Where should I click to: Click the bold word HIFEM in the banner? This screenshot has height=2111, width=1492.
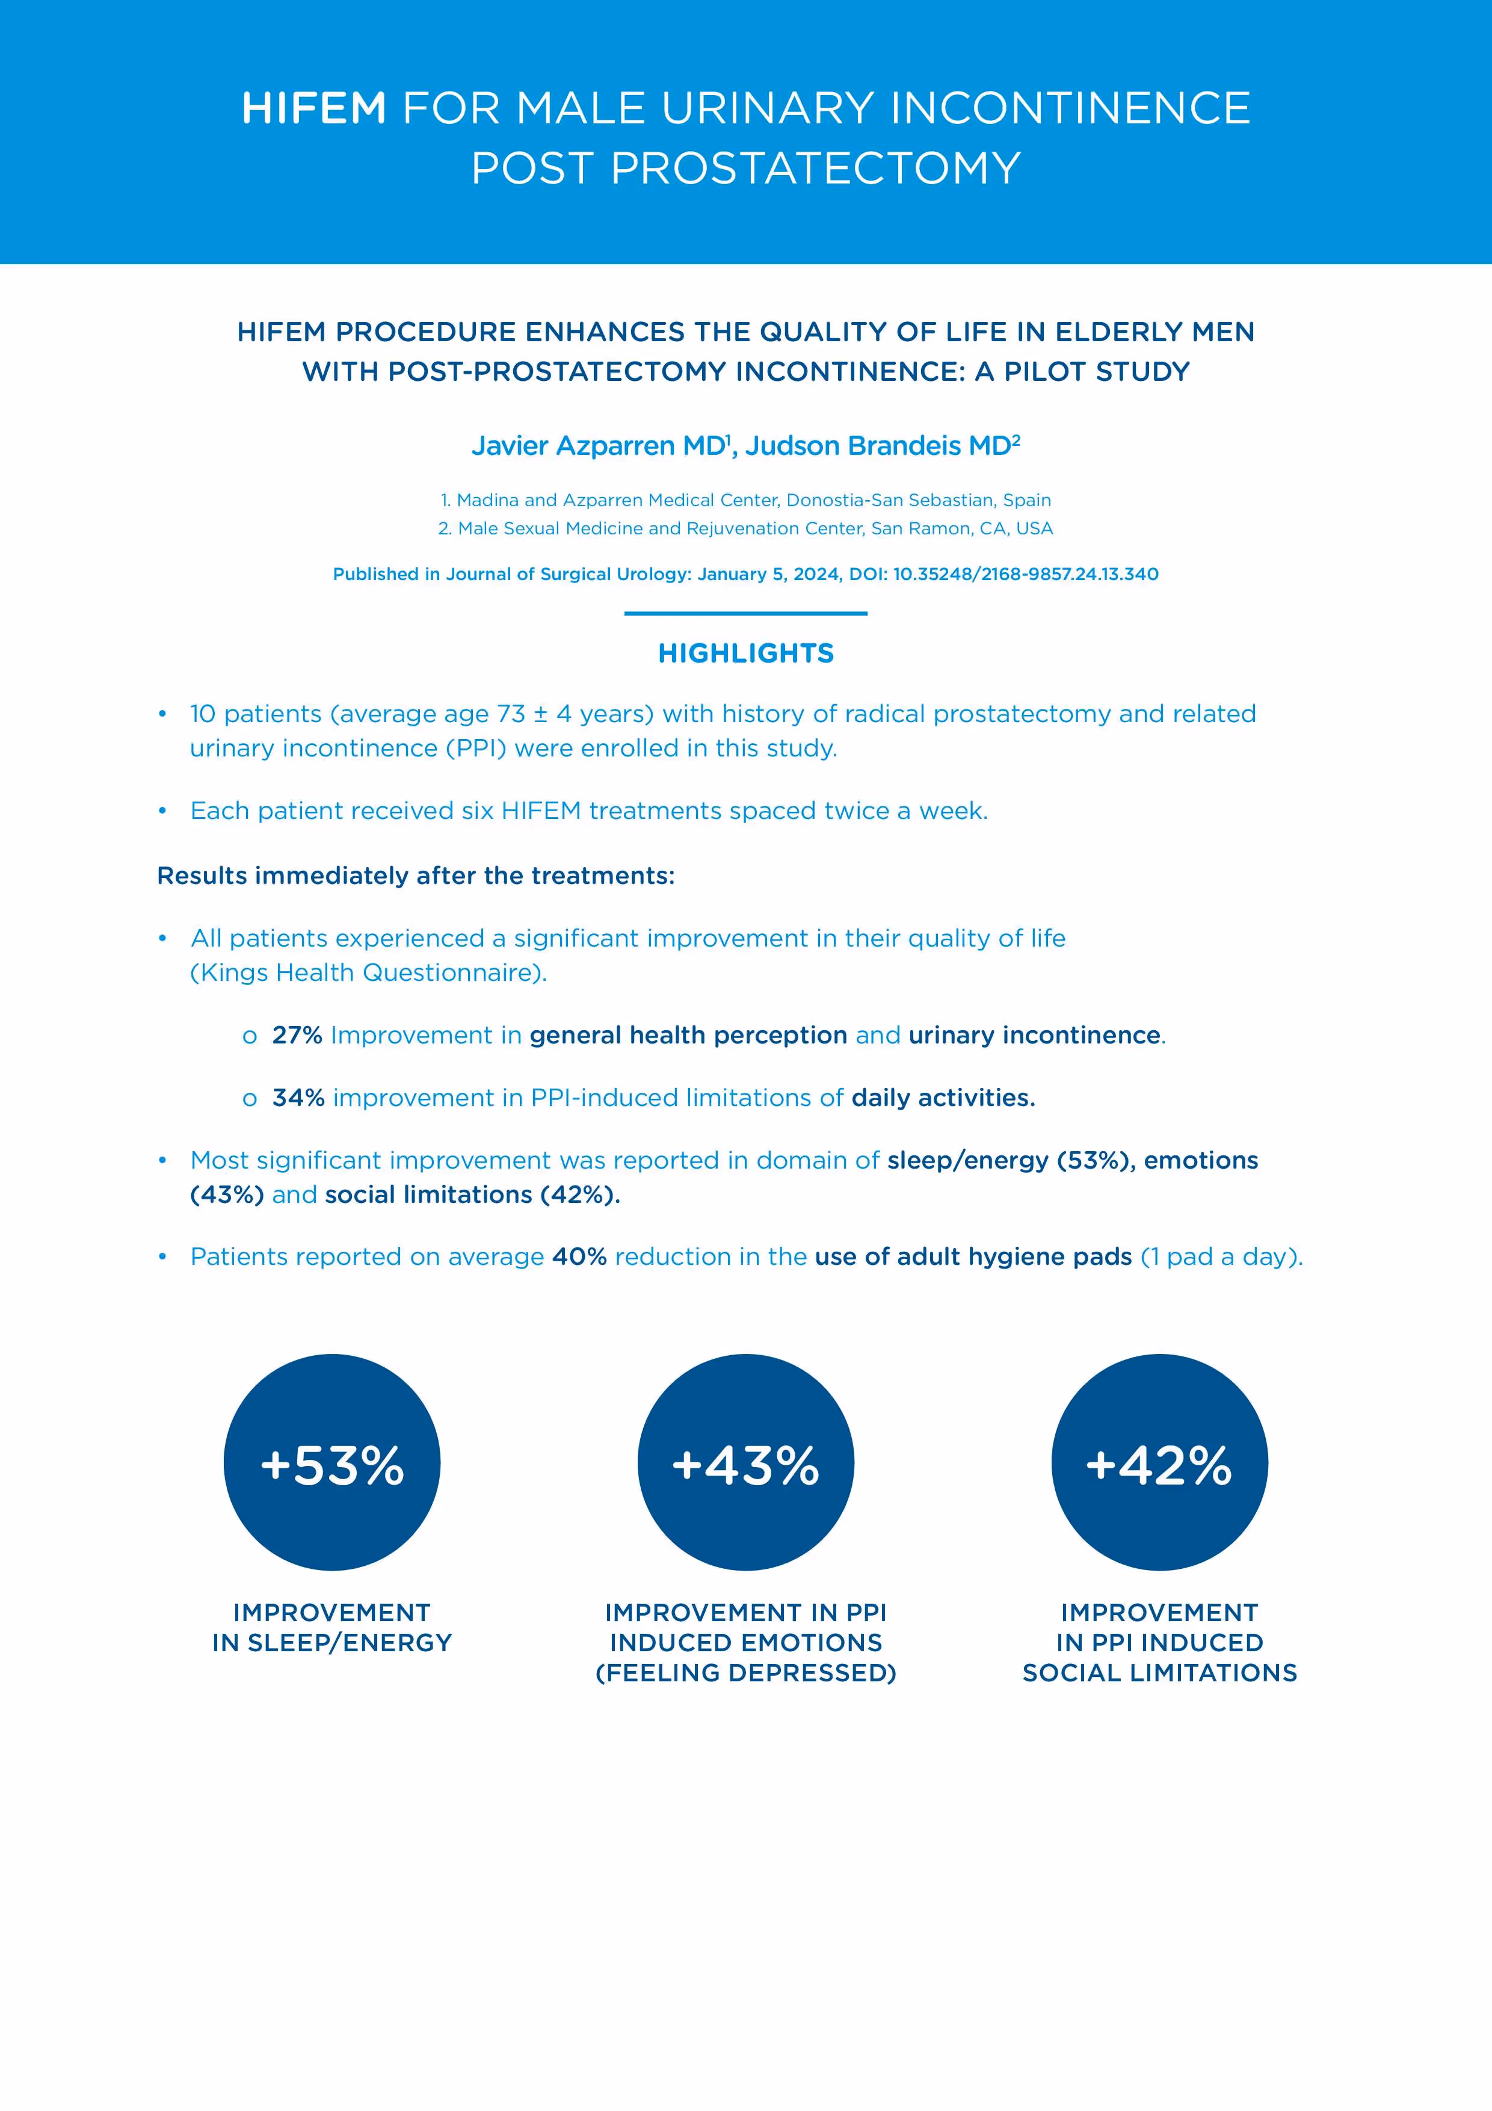click(x=313, y=108)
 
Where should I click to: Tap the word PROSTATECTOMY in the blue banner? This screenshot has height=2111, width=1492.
click(x=815, y=169)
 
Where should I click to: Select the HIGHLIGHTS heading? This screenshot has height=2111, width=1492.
click(x=745, y=654)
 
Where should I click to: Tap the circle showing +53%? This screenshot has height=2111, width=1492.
click(x=332, y=1462)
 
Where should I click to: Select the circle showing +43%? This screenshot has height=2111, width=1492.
click(x=745, y=1462)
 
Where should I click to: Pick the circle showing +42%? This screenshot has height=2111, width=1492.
click(x=1159, y=1462)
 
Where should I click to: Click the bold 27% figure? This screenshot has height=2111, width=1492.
click(x=297, y=1035)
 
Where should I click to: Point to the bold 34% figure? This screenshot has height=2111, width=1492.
click(x=298, y=1098)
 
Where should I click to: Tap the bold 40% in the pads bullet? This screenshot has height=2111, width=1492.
click(x=579, y=1257)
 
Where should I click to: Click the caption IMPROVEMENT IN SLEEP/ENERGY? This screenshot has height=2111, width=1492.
click(x=332, y=1627)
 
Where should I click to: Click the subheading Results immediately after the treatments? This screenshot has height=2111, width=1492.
click(x=416, y=876)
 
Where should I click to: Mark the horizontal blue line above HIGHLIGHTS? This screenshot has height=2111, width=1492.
click(x=745, y=613)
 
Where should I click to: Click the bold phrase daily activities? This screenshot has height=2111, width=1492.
click(x=943, y=1098)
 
